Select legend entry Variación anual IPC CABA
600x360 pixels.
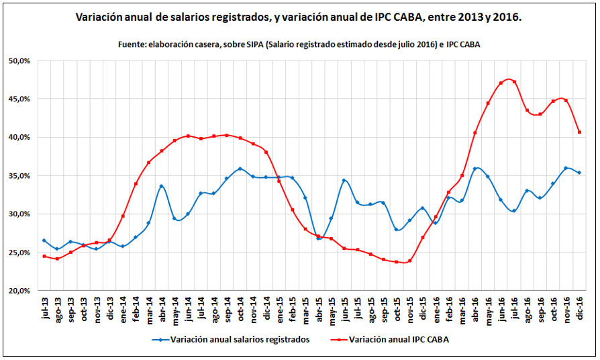click(399, 340)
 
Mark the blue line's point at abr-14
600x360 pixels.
click(162, 186)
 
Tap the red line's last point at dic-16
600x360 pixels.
click(579, 132)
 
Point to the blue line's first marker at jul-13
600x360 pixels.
click(44, 240)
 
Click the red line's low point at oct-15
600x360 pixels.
click(397, 262)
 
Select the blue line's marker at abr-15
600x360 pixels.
click(318, 238)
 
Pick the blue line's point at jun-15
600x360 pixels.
click(344, 180)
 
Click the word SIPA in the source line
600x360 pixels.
click(275, 44)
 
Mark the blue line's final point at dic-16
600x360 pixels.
click(579, 173)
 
